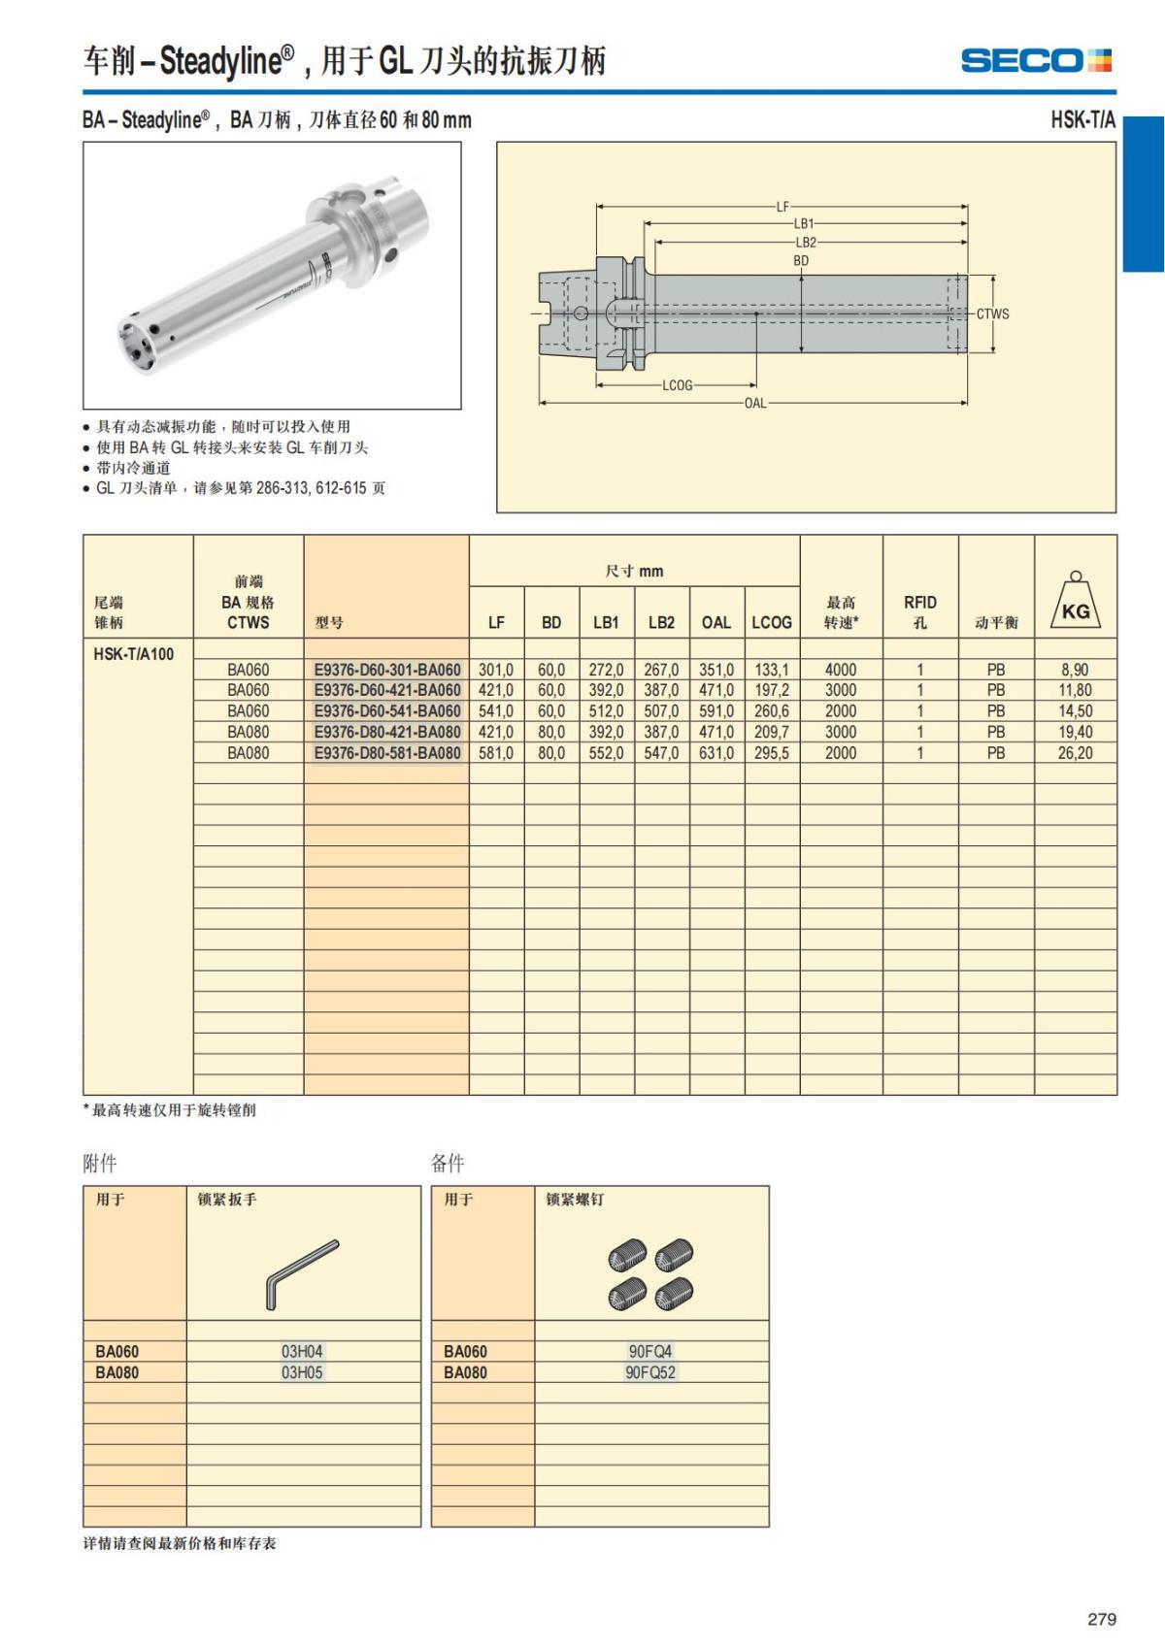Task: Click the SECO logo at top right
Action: pos(1036,60)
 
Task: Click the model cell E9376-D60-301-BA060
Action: pos(386,670)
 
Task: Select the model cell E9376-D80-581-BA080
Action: pos(386,753)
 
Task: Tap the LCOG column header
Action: pos(772,622)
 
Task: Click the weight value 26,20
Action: pos(1075,753)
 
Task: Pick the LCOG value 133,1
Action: pos(772,670)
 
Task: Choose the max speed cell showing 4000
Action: pos(841,670)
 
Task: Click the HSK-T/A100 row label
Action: pos(134,653)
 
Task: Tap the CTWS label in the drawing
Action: pos(992,314)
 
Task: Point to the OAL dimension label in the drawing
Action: pos(755,403)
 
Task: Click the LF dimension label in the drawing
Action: pos(782,207)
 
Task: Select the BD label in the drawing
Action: pos(801,261)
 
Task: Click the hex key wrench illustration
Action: pos(302,1273)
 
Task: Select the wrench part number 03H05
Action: pos(302,1372)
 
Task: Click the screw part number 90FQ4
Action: pos(649,1351)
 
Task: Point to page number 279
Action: pos(1102,1619)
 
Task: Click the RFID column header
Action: pos(919,611)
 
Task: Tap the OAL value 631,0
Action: pos(716,753)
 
